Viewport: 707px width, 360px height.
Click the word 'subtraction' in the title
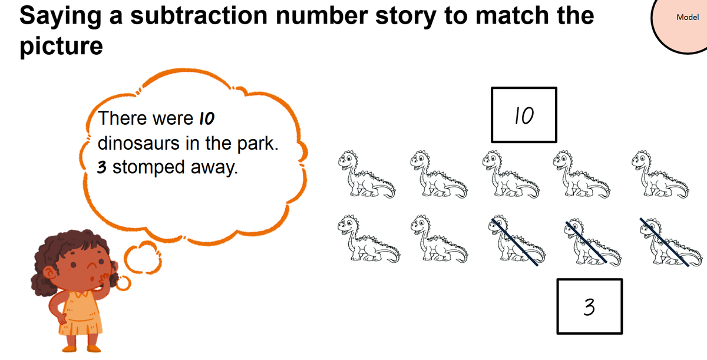tap(199, 15)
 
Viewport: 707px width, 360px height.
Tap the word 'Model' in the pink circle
tap(688, 17)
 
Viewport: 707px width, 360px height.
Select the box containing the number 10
tap(524, 115)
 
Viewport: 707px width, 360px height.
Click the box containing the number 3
tap(590, 306)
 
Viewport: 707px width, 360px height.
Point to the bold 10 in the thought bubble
tap(207, 118)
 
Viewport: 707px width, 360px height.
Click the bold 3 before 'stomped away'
tap(101, 167)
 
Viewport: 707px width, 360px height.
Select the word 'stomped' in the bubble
tap(148, 168)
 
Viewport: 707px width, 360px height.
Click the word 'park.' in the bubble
tap(258, 144)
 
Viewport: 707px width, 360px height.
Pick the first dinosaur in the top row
tap(366, 174)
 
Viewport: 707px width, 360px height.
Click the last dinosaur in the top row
tap(660, 174)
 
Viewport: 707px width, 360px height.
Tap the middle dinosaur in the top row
tap(511, 174)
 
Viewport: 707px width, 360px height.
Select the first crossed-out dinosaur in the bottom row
tap(517, 240)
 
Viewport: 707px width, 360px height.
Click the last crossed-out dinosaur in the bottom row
tap(670, 242)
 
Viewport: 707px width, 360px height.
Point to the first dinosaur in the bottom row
tap(368, 239)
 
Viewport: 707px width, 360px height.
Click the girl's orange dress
tap(81, 315)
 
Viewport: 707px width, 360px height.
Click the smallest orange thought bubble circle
tap(123, 283)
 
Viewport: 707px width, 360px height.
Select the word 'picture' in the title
tap(61, 47)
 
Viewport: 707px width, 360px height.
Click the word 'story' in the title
tap(406, 16)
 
